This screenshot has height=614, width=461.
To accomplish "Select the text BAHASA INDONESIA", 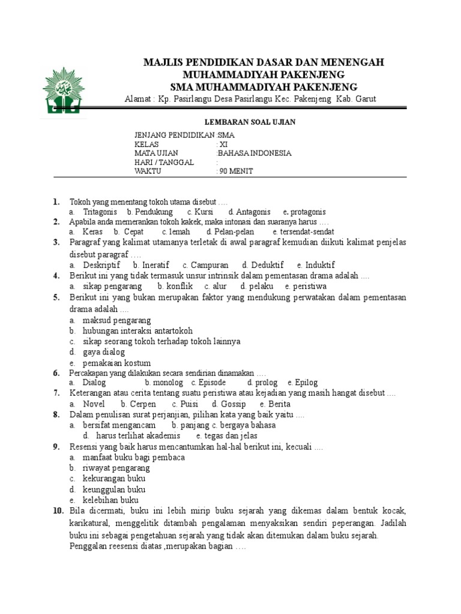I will [x=255, y=153].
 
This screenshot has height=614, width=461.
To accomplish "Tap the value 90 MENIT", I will [x=236, y=171].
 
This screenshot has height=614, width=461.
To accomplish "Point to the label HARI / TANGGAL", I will [x=164, y=162].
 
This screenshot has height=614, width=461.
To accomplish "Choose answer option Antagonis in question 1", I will [x=253, y=212].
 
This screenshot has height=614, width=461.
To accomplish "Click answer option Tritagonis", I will [x=100, y=212].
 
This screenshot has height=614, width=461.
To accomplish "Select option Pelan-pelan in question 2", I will [x=230, y=231].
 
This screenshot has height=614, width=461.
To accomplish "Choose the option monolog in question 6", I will [x=167, y=382].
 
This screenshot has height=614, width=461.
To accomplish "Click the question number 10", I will [x=58, y=511].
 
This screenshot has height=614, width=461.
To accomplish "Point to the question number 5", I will [x=55, y=297].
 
